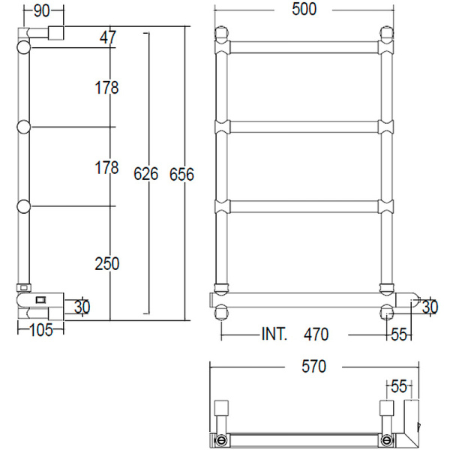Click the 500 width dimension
304,9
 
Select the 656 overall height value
181,174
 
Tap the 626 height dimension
145,174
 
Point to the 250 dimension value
107,263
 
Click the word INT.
274,334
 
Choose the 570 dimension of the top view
313,367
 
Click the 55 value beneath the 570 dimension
397,387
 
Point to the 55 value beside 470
400,334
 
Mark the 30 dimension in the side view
82,306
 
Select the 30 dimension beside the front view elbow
429,306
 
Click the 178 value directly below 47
107,88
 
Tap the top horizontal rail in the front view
304,47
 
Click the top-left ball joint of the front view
221,34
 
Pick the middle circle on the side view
24,127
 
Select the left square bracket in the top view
221,409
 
